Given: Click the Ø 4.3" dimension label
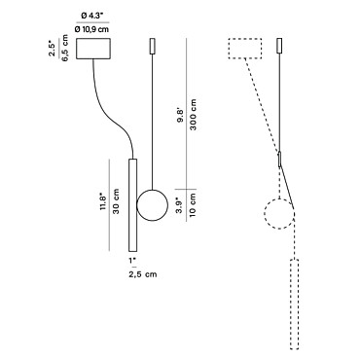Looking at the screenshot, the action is click(92, 16).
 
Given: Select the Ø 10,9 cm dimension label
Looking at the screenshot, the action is click(91, 29).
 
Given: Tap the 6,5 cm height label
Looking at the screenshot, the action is click(65, 48).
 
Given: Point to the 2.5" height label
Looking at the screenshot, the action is click(52, 49).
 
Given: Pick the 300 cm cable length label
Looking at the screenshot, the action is click(194, 115).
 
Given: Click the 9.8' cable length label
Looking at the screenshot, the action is click(180, 115).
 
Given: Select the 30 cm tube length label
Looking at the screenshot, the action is click(116, 201).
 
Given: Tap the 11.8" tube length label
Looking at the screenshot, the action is click(103, 201).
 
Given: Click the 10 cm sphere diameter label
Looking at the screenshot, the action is click(192, 205).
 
